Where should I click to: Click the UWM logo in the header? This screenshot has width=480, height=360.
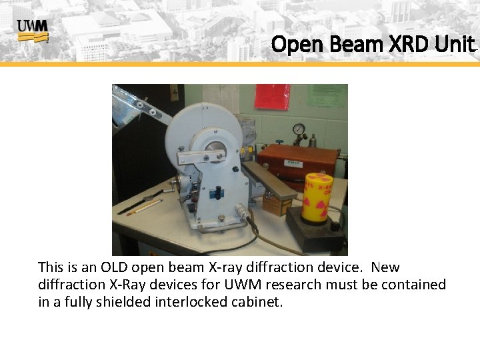click(x=33, y=31)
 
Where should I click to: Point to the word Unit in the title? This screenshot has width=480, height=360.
click(x=455, y=45)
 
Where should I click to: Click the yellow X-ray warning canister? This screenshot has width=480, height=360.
click(x=317, y=197)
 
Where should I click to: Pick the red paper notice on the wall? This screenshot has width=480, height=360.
click(x=272, y=97)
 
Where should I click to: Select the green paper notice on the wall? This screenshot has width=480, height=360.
click(x=326, y=95)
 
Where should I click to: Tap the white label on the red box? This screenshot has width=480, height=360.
click(x=294, y=162)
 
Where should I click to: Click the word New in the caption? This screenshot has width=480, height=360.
click(x=385, y=267)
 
